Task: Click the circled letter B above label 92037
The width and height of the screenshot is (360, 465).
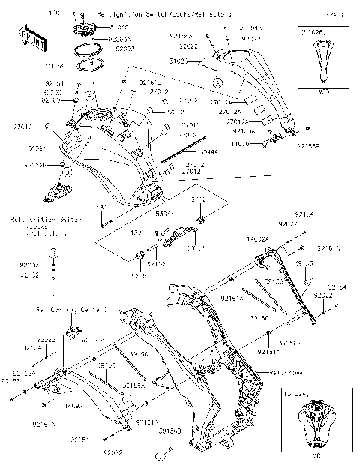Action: (x=53, y=255)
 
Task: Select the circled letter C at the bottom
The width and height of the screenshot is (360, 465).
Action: (x=160, y=455)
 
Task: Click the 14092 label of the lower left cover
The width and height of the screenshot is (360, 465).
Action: (x=73, y=406)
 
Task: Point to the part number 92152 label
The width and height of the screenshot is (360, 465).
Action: (x=156, y=264)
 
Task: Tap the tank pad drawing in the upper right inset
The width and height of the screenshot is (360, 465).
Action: (x=324, y=61)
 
